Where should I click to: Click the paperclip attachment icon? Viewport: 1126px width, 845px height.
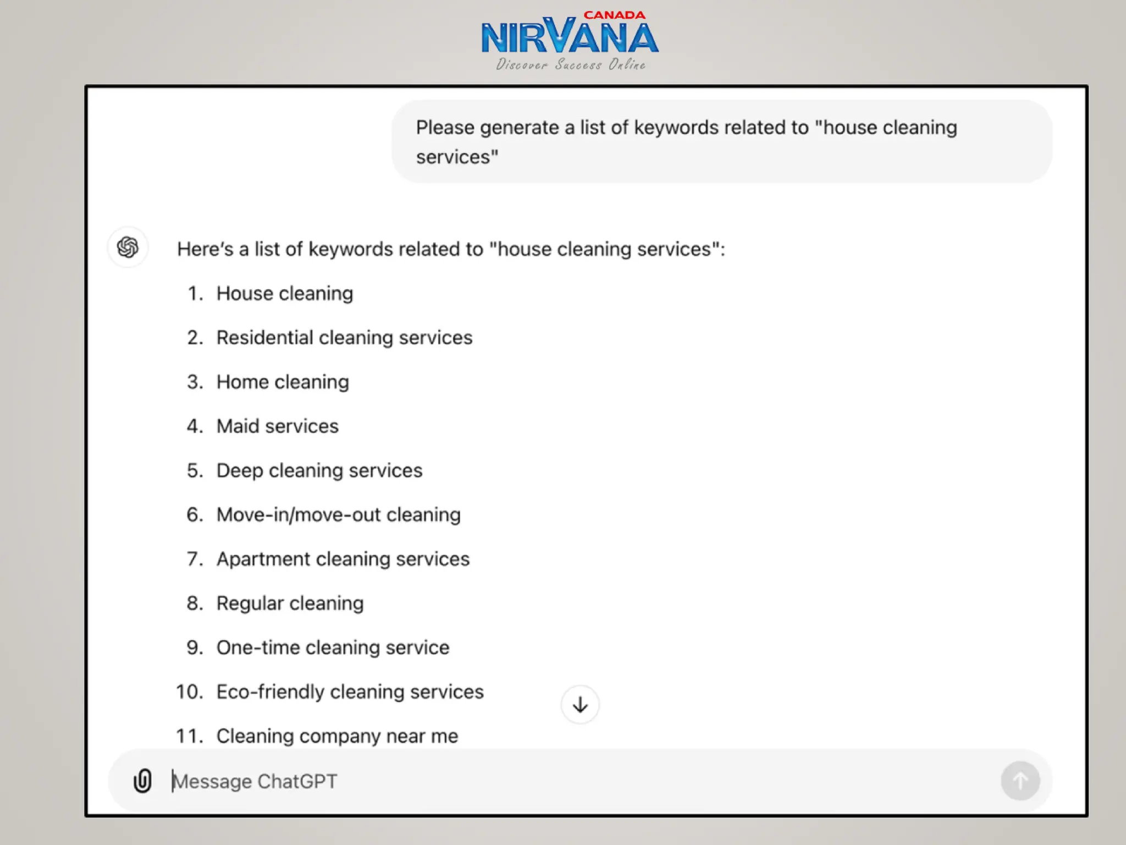(x=142, y=781)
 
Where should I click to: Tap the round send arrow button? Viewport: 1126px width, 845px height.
(x=1020, y=781)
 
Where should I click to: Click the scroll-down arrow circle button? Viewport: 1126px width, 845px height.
(x=580, y=705)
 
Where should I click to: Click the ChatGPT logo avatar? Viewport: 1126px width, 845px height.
(x=128, y=248)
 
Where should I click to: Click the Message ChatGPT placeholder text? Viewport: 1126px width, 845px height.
(x=255, y=781)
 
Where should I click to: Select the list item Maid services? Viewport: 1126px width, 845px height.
(x=277, y=426)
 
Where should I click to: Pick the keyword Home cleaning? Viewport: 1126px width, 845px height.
(x=283, y=382)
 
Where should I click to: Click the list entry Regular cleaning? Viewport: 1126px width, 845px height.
(x=290, y=603)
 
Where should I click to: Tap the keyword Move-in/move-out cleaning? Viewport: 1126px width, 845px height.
(x=338, y=515)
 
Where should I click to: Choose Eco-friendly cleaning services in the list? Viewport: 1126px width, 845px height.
(x=350, y=692)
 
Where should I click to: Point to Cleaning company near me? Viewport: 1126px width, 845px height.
(x=337, y=736)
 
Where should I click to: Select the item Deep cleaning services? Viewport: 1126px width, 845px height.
(x=319, y=471)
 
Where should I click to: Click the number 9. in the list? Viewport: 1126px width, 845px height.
(x=195, y=648)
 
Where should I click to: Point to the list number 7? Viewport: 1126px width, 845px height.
(x=195, y=559)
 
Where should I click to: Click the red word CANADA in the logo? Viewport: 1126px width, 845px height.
(x=614, y=15)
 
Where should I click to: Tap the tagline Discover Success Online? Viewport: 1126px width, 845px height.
(x=571, y=65)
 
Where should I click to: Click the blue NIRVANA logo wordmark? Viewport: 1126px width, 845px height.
(x=570, y=37)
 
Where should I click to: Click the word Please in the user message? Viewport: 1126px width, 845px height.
(x=445, y=128)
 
